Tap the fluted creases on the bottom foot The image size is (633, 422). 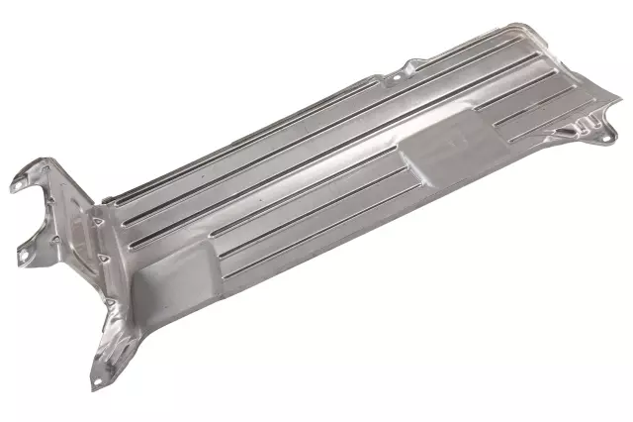click(x=117, y=347)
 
